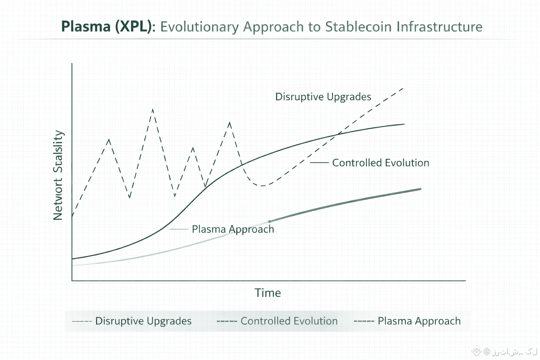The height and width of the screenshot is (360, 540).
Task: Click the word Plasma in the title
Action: [86, 27]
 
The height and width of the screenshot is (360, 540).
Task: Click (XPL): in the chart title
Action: [135, 27]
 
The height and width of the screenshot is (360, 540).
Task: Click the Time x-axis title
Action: [268, 293]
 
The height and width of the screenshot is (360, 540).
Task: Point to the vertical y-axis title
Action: [58, 175]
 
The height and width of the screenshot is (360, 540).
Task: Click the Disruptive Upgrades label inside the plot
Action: [323, 97]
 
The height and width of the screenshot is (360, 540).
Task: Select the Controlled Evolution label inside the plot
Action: [380, 163]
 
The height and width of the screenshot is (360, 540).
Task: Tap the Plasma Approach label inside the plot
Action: [233, 229]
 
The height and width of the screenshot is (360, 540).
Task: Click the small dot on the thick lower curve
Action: [270, 221]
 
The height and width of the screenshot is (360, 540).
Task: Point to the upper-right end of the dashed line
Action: [403, 88]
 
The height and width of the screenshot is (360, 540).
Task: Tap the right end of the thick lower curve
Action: [420, 189]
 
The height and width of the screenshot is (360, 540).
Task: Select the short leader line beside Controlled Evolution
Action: [319, 163]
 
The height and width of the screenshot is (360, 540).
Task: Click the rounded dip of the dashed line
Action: [262, 185]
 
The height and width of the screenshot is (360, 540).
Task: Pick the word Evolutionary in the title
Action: [199, 27]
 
